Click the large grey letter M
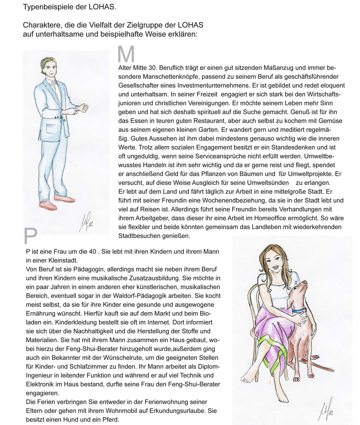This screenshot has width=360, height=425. (x=126, y=54)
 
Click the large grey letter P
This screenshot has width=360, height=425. (x=31, y=236)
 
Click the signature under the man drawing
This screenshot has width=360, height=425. (x=85, y=221)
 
